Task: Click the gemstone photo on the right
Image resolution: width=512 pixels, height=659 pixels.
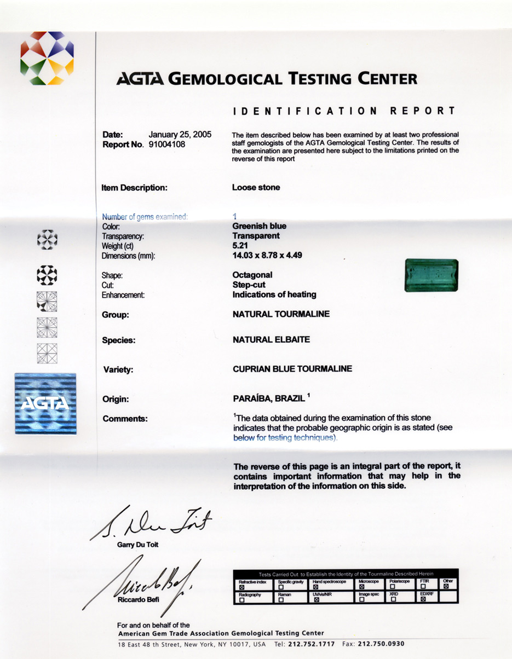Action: (431, 275)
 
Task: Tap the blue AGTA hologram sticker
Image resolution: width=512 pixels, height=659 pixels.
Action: (45, 403)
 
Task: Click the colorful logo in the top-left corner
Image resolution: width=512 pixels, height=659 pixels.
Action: (47, 58)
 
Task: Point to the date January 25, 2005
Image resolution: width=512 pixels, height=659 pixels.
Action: (180, 135)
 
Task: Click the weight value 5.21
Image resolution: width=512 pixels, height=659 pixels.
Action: (240, 246)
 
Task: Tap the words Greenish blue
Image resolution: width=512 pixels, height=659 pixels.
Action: (259, 226)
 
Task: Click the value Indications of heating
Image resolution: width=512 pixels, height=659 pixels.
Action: (274, 294)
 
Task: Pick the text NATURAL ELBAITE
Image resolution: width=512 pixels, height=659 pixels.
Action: (271, 340)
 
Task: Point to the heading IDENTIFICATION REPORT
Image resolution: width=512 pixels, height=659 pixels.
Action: (344, 111)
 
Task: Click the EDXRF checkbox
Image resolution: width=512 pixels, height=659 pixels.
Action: (423, 600)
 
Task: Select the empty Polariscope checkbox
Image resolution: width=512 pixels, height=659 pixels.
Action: (393, 587)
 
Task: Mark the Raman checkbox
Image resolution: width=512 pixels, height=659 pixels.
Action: (281, 600)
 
